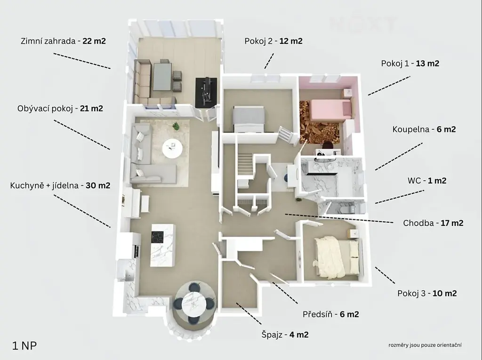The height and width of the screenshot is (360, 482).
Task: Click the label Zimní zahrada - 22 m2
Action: [x=64, y=41]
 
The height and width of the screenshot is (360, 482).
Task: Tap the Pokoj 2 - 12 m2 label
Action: [x=273, y=41]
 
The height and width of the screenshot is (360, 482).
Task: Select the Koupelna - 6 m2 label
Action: [x=424, y=129]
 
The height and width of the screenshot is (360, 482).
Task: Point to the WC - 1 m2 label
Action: [x=427, y=180]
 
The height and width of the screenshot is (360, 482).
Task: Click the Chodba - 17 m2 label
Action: [x=433, y=223]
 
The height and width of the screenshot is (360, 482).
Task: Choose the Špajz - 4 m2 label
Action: [x=285, y=335]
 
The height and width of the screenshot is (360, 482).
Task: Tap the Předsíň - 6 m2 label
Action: [x=331, y=314]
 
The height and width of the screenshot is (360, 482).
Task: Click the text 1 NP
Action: [x=24, y=345]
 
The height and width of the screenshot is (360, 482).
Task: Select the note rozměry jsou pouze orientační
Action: [x=425, y=345]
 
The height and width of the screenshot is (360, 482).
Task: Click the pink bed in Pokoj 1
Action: [x=330, y=110]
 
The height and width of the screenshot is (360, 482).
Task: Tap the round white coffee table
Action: [x=172, y=149]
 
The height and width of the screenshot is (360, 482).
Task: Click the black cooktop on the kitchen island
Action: [x=157, y=237]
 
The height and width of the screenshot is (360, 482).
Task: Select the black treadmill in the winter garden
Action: [x=206, y=92]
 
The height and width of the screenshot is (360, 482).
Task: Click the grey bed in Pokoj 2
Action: [x=249, y=119]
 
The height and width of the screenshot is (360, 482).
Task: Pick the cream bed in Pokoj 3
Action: [x=336, y=256]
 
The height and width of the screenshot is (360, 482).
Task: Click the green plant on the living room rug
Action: [x=176, y=126]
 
